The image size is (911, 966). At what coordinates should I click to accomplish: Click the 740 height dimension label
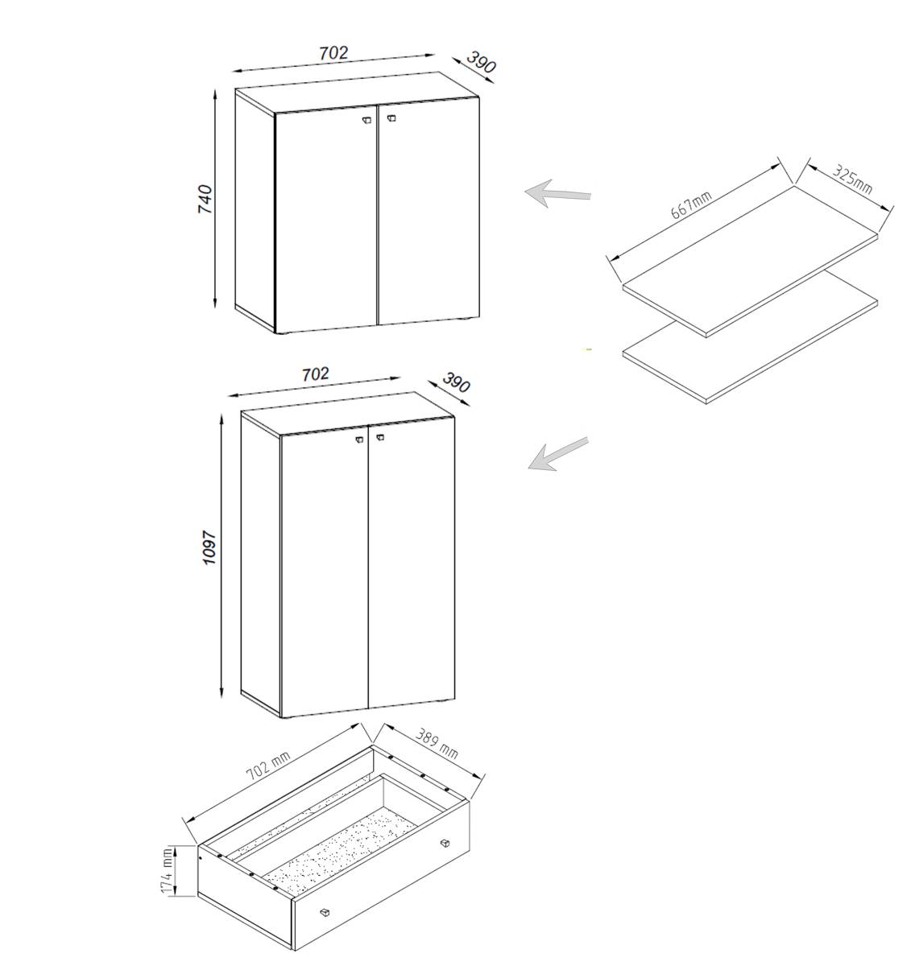click(205, 199)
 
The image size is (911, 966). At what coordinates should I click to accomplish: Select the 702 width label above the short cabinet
click(333, 53)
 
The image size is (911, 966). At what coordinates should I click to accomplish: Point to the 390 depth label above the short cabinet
click(481, 62)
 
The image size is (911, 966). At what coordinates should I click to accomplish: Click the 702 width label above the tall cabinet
click(316, 374)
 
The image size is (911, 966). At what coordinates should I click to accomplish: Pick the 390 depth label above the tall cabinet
click(456, 382)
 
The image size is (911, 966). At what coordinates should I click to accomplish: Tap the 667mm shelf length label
click(691, 204)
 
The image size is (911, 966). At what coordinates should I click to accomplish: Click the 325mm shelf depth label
click(852, 180)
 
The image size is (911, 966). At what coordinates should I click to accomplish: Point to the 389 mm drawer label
click(437, 744)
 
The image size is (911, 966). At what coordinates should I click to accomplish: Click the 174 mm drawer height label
click(167, 870)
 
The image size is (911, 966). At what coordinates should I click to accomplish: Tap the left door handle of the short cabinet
click(366, 120)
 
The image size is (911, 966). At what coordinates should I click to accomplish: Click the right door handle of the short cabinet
click(391, 118)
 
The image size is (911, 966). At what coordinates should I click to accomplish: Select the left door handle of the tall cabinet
click(359, 440)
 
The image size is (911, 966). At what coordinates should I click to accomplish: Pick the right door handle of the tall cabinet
click(380, 438)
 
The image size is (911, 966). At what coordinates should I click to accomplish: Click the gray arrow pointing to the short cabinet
click(558, 193)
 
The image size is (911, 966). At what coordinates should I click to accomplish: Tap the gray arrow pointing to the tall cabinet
click(558, 454)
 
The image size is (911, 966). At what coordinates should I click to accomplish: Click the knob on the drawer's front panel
click(325, 911)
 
